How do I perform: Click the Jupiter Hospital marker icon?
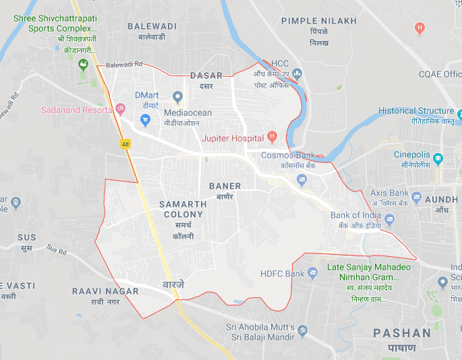click(272, 137)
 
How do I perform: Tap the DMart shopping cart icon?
click(144, 120)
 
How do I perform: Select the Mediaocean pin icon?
click(178, 96)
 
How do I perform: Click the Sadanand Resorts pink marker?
click(120, 109)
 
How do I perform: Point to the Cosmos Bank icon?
click(301, 180)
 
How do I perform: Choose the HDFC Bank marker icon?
click(312, 273)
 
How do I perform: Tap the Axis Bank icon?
click(417, 198)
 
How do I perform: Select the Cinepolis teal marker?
click(438, 160)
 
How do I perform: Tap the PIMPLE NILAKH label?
click(319, 21)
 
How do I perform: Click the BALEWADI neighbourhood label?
click(152, 26)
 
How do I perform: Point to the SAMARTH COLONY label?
click(182, 209)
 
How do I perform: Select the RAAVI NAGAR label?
click(105, 291)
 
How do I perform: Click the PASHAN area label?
click(402, 333)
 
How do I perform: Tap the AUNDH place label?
click(442, 200)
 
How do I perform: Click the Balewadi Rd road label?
click(124, 64)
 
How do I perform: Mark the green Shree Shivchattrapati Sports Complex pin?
click(84, 65)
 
